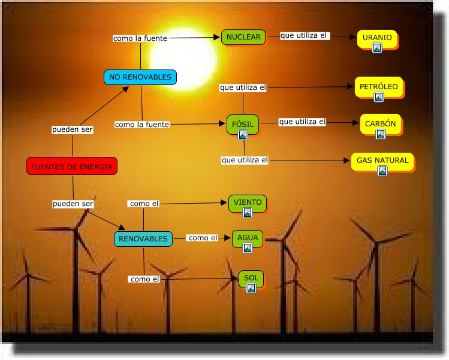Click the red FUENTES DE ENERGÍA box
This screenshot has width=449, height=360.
click(x=72, y=166)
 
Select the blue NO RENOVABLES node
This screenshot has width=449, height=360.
click(x=141, y=77)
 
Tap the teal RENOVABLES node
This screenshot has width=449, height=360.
click(x=143, y=239)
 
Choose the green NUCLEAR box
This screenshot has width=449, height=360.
click(x=243, y=37)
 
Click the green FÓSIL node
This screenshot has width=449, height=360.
click(x=243, y=124)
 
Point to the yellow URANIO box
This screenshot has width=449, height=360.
click(x=377, y=38)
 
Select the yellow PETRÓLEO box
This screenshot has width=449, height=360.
click(x=378, y=87)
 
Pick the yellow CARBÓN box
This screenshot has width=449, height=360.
click(x=381, y=124)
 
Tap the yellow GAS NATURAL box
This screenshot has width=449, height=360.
click(x=382, y=161)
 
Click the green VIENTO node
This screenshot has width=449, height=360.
click(x=248, y=203)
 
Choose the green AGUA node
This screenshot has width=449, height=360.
click(x=248, y=238)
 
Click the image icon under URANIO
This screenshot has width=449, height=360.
click(x=377, y=49)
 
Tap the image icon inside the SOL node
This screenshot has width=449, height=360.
click(x=251, y=288)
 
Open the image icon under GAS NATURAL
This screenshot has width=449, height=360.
click(x=382, y=171)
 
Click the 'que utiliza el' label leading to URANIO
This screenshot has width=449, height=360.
click(x=305, y=36)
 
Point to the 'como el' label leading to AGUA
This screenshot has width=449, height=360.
click(x=203, y=238)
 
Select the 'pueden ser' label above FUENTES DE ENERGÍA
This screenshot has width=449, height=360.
click(x=73, y=129)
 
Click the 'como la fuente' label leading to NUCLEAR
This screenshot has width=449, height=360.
click(x=140, y=38)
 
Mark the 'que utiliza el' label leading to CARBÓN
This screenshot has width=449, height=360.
click(x=302, y=122)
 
